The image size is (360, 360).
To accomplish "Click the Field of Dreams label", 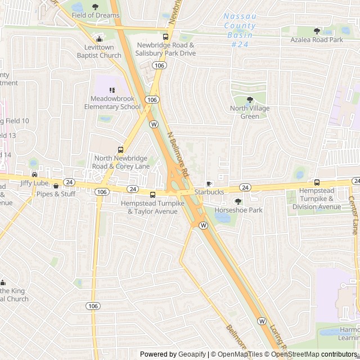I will coord(95,15).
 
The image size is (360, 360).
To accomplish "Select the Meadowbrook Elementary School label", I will coord(112,103).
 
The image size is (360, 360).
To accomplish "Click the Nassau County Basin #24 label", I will coord(240,30).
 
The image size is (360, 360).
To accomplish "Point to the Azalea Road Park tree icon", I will coord(317,31).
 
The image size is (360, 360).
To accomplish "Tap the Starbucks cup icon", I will coord(209,183).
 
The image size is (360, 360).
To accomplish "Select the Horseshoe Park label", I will coord(238,210).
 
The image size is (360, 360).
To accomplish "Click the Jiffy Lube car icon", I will coord(35,174).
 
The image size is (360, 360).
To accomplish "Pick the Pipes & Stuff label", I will coord(56,194).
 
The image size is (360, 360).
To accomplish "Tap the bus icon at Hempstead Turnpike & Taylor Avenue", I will coord(152,195).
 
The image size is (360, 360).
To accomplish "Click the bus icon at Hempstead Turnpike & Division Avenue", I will coord(317,183).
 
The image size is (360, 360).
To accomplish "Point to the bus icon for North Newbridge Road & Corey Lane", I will coord(120,150).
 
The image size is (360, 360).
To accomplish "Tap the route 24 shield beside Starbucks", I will coord(245,187).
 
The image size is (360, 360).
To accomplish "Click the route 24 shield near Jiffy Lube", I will coord(69,182).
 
